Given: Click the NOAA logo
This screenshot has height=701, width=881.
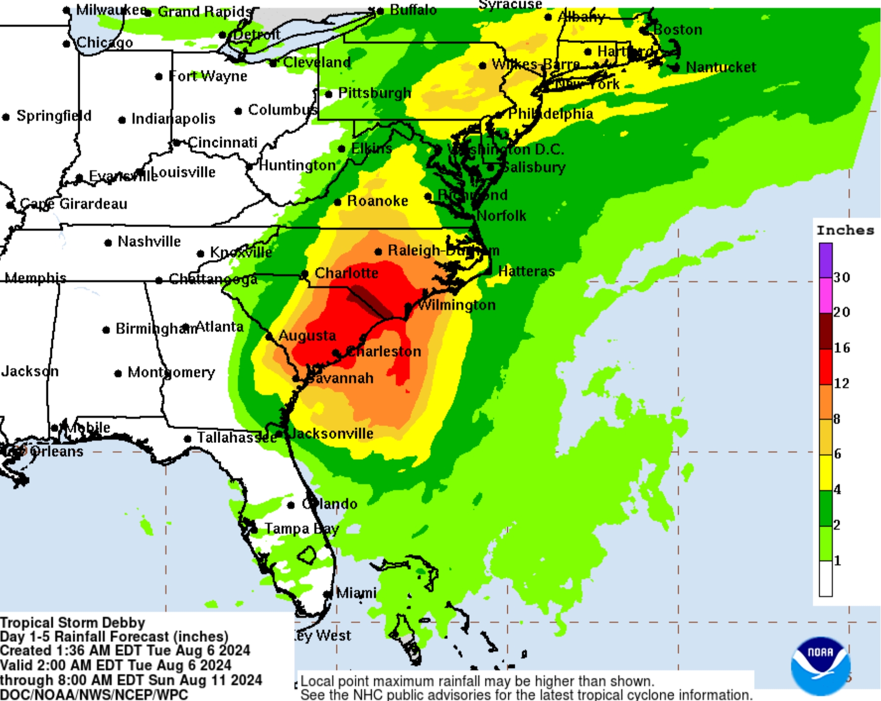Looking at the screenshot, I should click(x=820, y=665).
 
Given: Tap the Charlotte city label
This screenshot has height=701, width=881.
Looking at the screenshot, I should click(x=346, y=273).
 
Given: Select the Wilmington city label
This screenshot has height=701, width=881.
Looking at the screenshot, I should click(x=456, y=305).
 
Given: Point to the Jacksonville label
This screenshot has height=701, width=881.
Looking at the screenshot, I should click(x=331, y=434).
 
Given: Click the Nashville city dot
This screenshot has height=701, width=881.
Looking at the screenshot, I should click(x=108, y=243).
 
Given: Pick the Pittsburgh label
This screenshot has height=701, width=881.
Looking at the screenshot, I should click(x=375, y=93).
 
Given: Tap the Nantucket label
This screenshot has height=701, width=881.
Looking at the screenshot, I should click(x=721, y=67).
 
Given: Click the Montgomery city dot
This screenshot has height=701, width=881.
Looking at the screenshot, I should click(x=118, y=374).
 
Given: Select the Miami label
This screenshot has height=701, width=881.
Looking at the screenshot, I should click(x=356, y=593).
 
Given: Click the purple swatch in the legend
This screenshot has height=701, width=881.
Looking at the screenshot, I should click(x=826, y=260).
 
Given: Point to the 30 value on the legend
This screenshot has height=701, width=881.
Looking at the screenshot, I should click(x=841, y=277).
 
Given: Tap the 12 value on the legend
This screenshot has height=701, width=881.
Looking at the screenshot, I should click(x=841, y=383).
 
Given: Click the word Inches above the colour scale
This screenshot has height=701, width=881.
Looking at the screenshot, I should click(x=845, y=230).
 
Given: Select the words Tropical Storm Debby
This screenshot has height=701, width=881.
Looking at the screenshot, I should click(x=73, y=622).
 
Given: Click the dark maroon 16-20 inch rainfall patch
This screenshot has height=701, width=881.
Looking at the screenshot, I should click(x=369, y=302).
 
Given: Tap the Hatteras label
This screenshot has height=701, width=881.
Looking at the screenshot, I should click(x=527, y=271).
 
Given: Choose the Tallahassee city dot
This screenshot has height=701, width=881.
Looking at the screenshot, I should click(x=187, y=439).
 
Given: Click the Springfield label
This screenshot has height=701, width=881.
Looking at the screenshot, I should click(x=54, y=116).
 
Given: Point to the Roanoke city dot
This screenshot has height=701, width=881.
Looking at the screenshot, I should click(x=338, y=202).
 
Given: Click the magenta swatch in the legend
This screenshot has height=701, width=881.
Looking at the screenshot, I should click(x=826, y=295).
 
